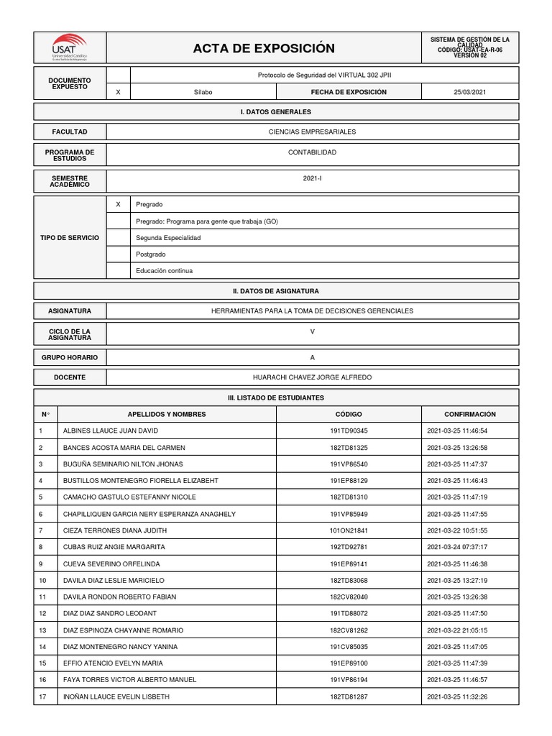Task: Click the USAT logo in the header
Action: (x=70, y=47)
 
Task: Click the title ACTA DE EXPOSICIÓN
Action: (x=264, y=48)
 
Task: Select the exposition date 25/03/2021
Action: (x=469, y=92)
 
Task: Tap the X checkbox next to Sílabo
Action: (x=118, y=92)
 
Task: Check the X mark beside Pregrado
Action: (x=118, y=205)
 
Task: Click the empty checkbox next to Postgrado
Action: (x=118, y=254)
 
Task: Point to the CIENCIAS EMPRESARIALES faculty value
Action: (x=312, y=132)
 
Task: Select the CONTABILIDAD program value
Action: (x=312, y=152)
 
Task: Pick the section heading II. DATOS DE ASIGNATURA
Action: (x=276, y=291)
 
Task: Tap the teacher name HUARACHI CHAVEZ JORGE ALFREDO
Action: (x=312, y=377)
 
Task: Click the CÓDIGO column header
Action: (x=349, y=415)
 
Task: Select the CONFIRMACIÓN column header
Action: (x=469, y=415)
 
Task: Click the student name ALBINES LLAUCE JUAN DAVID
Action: (x=111, y=431)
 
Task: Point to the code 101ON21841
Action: (x=349, y=530)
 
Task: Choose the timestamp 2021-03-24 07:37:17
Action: (x=457, y=547)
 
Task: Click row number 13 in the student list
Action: (x=42, y=630)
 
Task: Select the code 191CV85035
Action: (x=349, y=647)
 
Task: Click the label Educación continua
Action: (x=164, y=271)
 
